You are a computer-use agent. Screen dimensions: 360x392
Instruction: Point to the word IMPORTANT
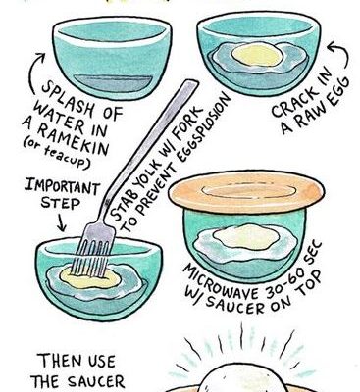[x=63, y=186]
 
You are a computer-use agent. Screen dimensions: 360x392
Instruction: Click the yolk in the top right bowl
[x=257, y=54]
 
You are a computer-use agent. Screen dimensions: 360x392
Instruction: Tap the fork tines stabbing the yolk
[x=90, y=258]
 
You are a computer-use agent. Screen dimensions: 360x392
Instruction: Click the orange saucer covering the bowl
[x=247, y=192]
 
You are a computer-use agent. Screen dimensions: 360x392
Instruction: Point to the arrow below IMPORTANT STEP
[x=62, y=221]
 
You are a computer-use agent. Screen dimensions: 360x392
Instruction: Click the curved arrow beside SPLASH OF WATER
[x=34, y=73]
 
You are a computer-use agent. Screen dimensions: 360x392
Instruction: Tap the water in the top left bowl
[x=113, y=83]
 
